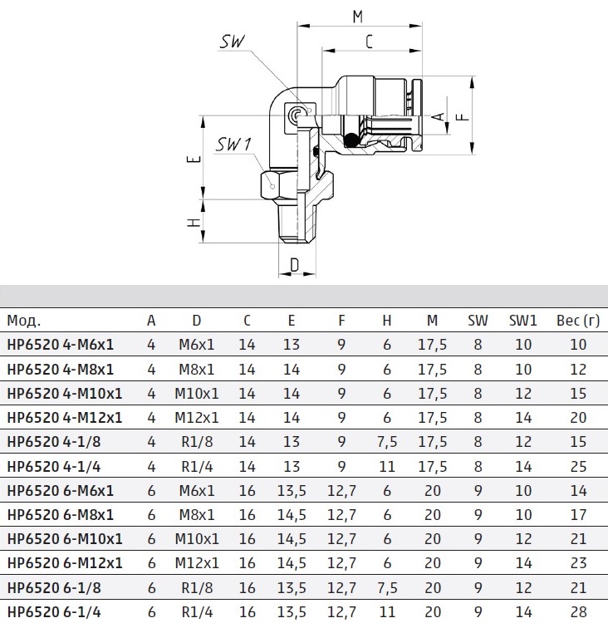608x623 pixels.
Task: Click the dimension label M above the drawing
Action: (357, 16)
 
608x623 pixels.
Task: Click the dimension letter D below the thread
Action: (294, 266)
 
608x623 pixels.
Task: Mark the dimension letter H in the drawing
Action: (193, 223)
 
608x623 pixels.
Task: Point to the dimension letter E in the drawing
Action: (193, 159)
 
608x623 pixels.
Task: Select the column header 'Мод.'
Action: (23, 321)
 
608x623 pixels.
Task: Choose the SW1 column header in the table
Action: (523, 321)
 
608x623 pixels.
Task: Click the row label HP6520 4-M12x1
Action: (64, 417)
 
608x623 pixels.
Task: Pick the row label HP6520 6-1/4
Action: (55, 611)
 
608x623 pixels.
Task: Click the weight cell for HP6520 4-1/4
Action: (578, 466)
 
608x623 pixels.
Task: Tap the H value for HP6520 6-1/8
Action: (386, 587)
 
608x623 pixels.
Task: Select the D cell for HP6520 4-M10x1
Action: (196, 393)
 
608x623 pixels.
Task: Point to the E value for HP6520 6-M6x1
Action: (292, 490)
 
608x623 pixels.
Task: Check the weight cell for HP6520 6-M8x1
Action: (578, 514)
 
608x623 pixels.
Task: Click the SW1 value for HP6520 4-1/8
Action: (523, 442)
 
